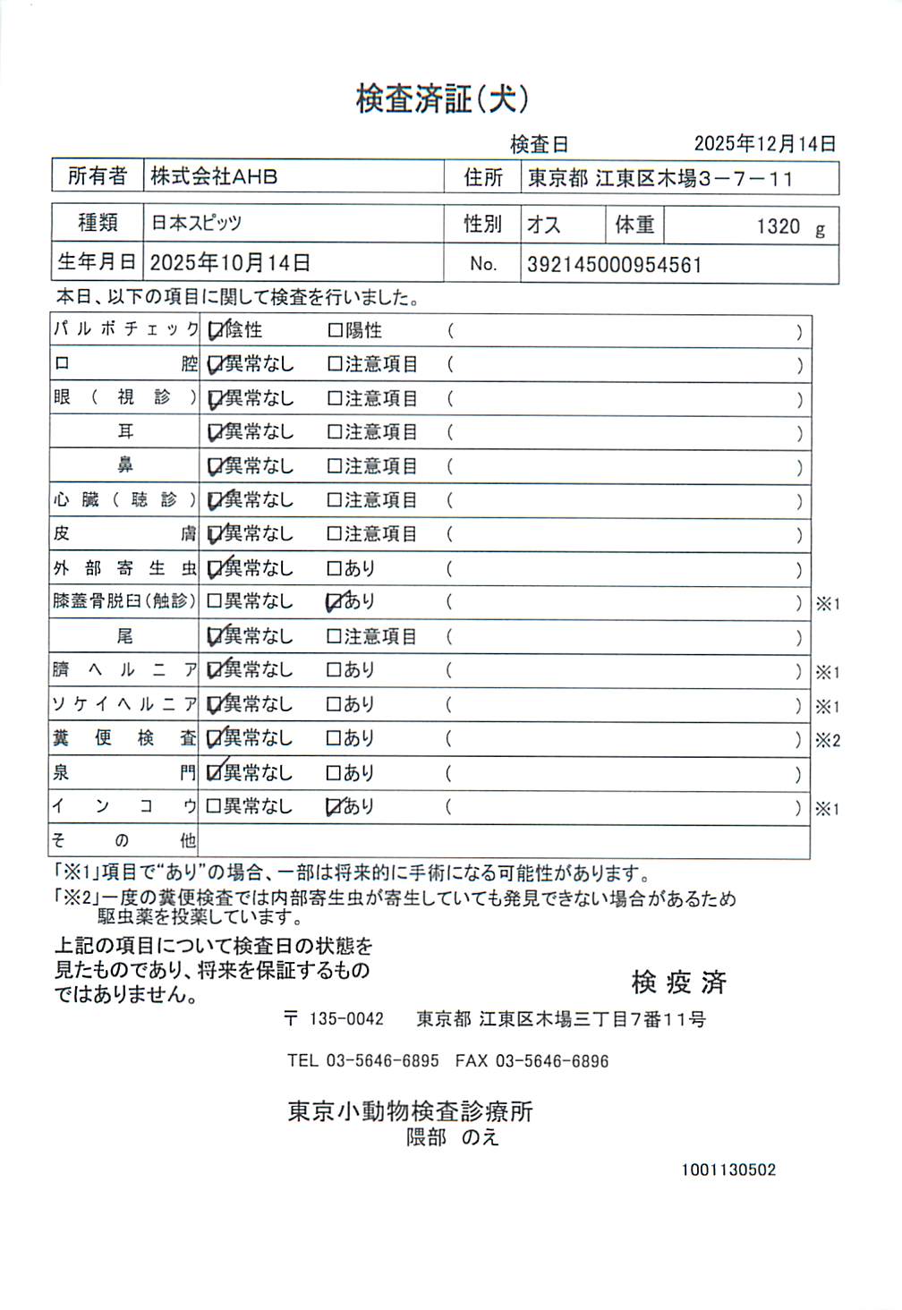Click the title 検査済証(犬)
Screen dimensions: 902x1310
coord(442,98)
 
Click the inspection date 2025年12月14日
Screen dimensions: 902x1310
coord(765,143)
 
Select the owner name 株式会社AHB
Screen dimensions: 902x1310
coord(214,176)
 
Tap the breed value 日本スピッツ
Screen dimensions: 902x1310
coord(196,223)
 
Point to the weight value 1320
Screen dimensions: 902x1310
coord(778,226)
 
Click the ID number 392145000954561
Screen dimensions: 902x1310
coord(614,265)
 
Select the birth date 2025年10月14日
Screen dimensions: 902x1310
coord(230,263)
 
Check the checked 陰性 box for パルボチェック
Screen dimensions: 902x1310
coord(215,331)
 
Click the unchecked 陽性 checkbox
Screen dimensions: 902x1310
coord(336,331)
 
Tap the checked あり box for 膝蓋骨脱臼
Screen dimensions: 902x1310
coord(335,602)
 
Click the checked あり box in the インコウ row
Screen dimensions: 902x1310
coord(335,807)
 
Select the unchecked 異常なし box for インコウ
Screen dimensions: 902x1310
coord(214,806)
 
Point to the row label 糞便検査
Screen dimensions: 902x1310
coord(124,738)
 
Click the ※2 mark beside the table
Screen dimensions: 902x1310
coord(827,740)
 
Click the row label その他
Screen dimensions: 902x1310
coord(124,840)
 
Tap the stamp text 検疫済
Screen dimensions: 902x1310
coord(678,982)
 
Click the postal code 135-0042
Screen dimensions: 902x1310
coord(345,1019)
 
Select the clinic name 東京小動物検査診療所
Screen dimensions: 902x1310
coord(410,1111)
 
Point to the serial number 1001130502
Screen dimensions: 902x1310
coord(728,1170)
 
